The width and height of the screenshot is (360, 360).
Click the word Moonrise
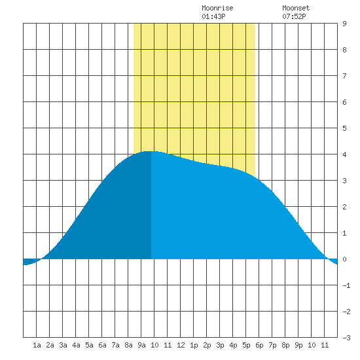[217, 8]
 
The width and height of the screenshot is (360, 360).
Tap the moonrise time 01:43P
[213, 16]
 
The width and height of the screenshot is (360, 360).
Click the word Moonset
[296, 8]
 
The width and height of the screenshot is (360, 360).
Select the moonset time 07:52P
[294, 16]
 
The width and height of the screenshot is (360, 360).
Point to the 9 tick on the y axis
[344, 24]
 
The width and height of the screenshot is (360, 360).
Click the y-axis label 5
[344, 128]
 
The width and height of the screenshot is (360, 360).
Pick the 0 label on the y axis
[344, 259]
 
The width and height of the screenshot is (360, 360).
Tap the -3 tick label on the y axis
[346, 338]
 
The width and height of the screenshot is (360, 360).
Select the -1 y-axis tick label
[346, 285]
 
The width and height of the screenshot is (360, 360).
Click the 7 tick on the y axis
[344, 76]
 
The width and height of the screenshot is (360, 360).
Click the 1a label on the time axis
[37, 345]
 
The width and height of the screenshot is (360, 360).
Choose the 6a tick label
[102, 345]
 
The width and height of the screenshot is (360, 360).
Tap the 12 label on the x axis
[181, 345]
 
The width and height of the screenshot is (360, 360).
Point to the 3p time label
[220, 345]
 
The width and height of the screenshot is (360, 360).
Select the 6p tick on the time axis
[259, 345]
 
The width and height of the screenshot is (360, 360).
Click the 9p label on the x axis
[298, 345]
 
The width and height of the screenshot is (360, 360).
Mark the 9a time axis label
[141, 345]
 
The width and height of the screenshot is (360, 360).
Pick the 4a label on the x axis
[76, 345]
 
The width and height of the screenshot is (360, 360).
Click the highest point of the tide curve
[151, 151]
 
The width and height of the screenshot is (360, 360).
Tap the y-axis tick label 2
[344, 207]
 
